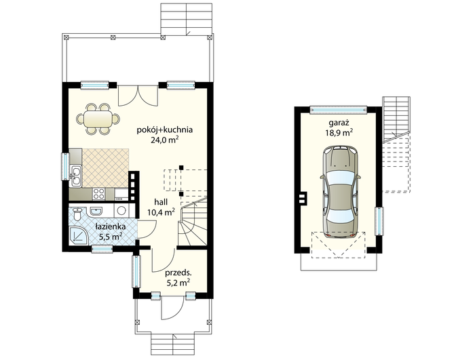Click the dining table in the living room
[98, 119]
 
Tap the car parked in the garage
[340, 192]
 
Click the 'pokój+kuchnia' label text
[165, 130]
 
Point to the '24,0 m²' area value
[164, 140]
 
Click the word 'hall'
[161, 202]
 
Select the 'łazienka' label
[111, 226]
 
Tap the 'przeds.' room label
[178, 273]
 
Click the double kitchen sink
[76, 176]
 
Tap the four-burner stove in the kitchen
[98, 194]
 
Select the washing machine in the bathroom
[122, 211]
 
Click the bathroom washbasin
[96, 211]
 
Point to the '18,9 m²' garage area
[339, 133]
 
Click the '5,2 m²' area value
[178, 283]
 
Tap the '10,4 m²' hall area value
[161, 212]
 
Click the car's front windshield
[340, 178]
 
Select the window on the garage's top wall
[339, 110]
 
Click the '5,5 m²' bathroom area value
[111, 236]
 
